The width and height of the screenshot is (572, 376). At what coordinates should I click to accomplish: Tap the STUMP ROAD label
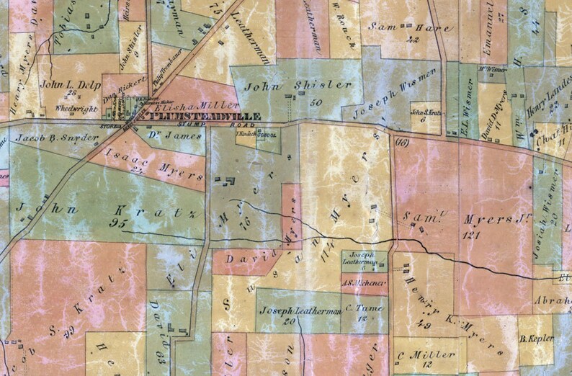pos(220,124)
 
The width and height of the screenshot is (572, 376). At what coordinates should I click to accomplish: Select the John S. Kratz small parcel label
pos(425,112)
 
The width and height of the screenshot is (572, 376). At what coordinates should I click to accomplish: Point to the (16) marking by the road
pos(401,143)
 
